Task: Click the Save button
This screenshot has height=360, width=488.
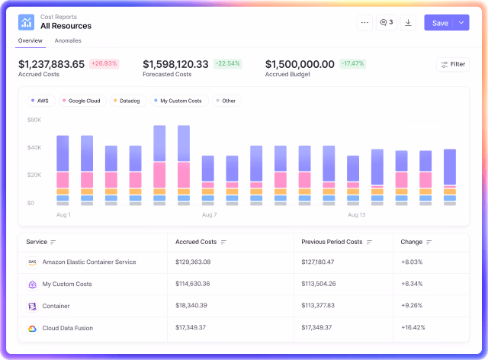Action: click(440, 23)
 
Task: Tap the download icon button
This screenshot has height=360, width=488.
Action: click(408, 23)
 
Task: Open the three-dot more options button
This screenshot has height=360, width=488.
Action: click(364, 23)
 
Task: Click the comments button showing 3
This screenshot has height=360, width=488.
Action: click(387, 23)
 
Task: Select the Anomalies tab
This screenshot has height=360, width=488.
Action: click(68, 40)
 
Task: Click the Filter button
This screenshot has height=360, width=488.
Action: click(453, 65)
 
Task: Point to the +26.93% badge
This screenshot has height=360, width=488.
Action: click(104, 63)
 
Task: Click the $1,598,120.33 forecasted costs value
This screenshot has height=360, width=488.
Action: click(175, 64)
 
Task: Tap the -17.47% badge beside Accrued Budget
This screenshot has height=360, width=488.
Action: click(352, 63)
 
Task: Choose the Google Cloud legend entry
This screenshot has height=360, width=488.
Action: click(82, 101)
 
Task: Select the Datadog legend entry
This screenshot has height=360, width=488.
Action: click(128, 101)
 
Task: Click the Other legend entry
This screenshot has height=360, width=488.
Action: click(227, 101)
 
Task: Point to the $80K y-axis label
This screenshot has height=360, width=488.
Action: click(34, 120)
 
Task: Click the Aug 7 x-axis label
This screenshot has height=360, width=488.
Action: click(209, 215)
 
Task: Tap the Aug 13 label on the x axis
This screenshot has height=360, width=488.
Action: click(356, 215)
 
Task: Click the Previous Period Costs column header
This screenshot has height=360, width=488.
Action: click(332, 242)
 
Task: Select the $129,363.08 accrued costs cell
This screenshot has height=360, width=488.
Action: click(193, 262)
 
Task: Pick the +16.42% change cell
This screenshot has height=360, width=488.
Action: click(413, 327)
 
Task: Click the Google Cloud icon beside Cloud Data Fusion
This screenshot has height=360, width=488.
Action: click(32, 328)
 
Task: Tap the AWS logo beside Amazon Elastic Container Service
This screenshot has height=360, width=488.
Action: click(32, 262)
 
